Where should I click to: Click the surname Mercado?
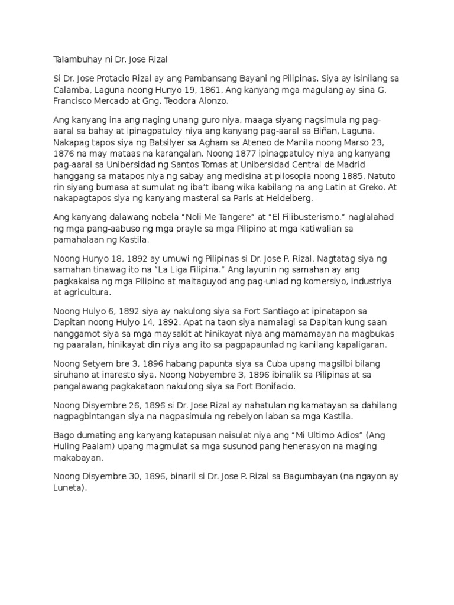click(x=116, y=102)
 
